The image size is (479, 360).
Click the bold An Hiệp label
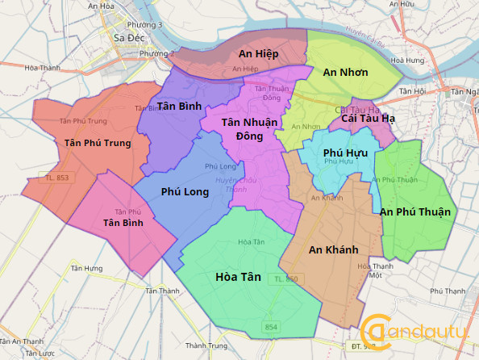pyautogui.click(x=258, y=53)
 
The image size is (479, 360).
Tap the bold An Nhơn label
pyautogui.click(x=345, y=73)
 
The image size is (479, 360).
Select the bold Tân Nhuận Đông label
pyautogui.click(x=249, y=128)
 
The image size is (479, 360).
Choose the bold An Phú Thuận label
pyautogui.click(x=416, y=211)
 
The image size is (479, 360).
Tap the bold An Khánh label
pyautogui.click(x=333, y=249)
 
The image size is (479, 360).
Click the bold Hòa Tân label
pyautogui.click(x=239, y=277)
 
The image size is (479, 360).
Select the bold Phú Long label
pyautogui.click(x=185, y=192)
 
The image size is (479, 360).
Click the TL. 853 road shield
pyautogui.click(x=56, y=178)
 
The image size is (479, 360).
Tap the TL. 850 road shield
pyautogui.click(x=286, y=278)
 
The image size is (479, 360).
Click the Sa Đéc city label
pyautogui.click(x=129, y=37)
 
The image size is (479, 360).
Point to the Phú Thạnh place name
pyautogui.click(x=448, y=291)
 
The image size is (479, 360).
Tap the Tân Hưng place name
pyautogui.click(x=86, y=268)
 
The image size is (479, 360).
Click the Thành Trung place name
pyautogui.click(x=207, y=345)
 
